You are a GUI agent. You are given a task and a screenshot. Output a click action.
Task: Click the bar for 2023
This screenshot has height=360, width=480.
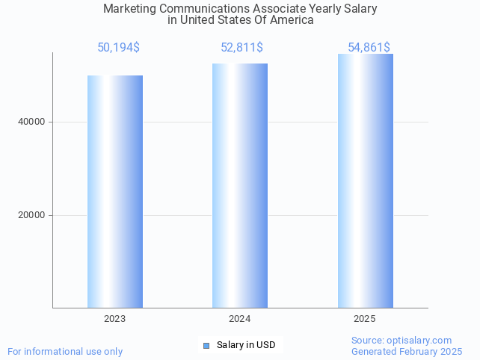tap(115, 191)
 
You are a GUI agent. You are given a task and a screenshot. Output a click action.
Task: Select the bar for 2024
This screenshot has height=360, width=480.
tap(240, 185)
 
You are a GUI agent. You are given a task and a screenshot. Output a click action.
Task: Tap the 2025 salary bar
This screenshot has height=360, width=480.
tap(365, 181)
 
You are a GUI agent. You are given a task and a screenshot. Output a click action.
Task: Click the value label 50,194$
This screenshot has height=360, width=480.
tap(118, 48)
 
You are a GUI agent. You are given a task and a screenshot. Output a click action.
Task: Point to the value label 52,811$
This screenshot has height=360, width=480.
tap(241, 48)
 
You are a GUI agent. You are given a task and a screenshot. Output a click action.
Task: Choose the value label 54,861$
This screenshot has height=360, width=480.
tap(369, 48)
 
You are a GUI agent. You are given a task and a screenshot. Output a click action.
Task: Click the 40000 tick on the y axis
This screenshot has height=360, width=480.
tap(31, 122)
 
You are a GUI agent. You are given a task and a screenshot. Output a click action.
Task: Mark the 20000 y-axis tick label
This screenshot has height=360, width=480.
tap(31, 215)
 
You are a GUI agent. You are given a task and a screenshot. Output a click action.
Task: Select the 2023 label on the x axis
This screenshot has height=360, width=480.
tap(115, 319)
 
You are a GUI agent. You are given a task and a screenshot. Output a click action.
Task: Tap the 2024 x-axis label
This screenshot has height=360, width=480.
tap(240, 319)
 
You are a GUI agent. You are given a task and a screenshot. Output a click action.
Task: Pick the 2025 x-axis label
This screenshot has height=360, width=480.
tap(365, 319)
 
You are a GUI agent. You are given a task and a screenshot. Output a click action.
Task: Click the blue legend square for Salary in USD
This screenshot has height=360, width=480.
tap(207, 345)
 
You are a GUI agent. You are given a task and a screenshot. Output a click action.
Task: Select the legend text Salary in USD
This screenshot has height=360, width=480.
tap(246, 345)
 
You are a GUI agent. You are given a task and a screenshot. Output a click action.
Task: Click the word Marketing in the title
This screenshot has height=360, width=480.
tap(128, 9)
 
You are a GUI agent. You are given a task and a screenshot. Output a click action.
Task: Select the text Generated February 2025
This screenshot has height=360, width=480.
tap(407, 351)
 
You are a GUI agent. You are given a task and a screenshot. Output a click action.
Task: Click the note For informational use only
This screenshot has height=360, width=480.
tap(65, 351)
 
